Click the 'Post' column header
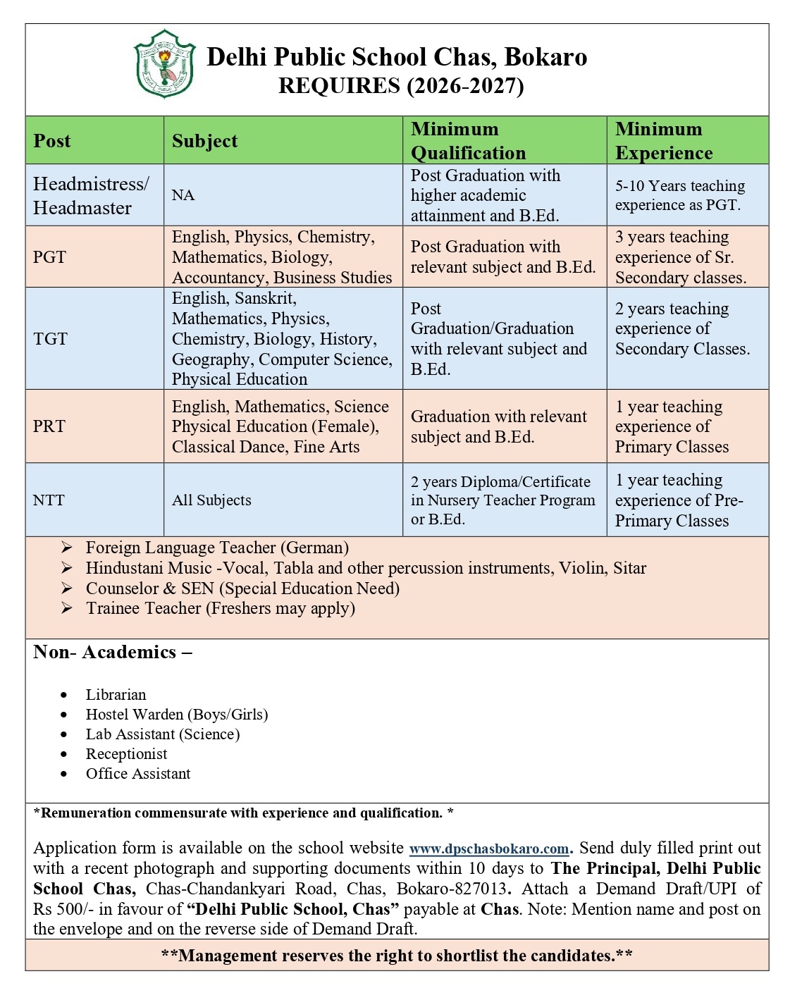click(52, 141)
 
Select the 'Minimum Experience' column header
click(663, 141)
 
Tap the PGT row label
click(49, 257)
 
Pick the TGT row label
click(50, 339)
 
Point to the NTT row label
click(49, 500)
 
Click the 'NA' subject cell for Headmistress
click(183, 195)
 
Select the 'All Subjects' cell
click(211, 500)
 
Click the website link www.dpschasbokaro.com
click(488, 849)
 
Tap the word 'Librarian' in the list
click(116, 695)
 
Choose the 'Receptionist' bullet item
click(127, 754)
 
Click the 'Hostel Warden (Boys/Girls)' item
click(177, 715)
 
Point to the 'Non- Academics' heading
click(111, 652)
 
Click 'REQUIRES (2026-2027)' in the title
click(401, 86)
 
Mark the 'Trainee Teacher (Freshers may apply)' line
click(220, 608)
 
